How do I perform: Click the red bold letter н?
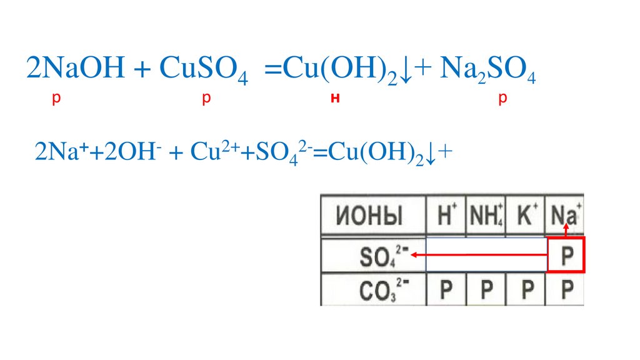click(x=335, y=99)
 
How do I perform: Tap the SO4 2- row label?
click(x=376, y=255)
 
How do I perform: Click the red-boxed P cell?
click(x=566, y=255)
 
